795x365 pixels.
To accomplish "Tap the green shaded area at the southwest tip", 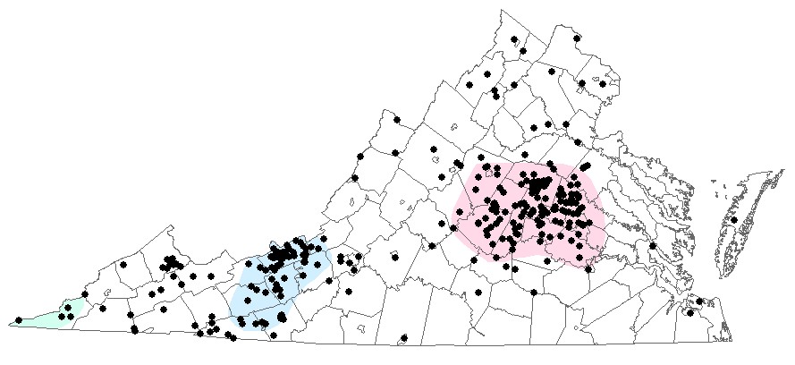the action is tap(45, 317).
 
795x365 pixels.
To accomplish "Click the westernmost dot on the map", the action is tap(19, 319).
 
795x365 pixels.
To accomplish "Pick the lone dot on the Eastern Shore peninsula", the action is tap(734, 219).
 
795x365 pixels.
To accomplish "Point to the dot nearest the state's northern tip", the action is tap(515, 38).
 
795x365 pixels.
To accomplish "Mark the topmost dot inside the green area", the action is tap(69, 307).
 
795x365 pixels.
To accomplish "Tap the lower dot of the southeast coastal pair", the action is tap(689, 312).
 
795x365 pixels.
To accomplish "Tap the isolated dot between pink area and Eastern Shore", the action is tap(653, 245).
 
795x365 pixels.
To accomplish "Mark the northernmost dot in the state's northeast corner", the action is tap(577, 38).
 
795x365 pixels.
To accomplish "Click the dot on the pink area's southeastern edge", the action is tap(589, 267).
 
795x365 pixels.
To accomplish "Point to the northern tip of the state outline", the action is tap(503, 11).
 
